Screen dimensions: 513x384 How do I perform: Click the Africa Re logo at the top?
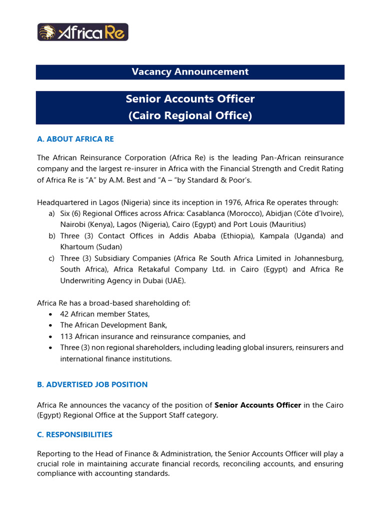[x=83, y=32]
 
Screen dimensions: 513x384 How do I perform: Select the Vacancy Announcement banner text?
[x=190, y=72]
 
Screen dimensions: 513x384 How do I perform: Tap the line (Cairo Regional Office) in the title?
[x=190, y=116]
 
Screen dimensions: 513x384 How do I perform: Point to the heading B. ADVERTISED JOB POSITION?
[x=92, y=385]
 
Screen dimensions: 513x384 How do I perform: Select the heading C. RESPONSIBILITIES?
[x=74, y=434]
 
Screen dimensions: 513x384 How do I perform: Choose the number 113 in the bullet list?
[x=66, y=336]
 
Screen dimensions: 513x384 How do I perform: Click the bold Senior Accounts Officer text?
[x=257, y=405]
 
